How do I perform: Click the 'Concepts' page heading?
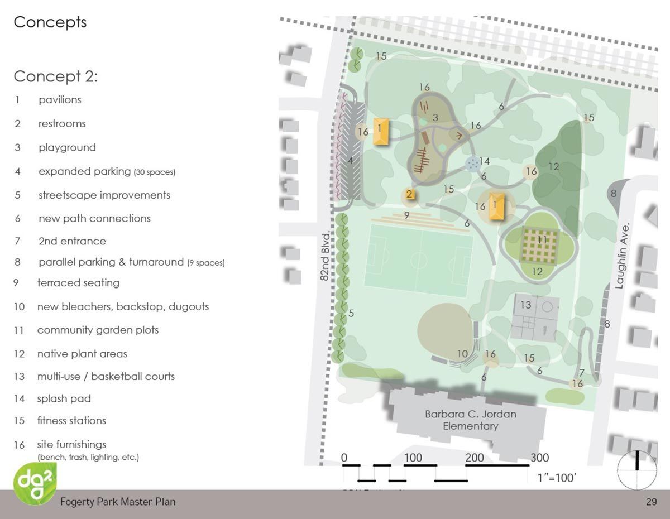[x=50, y=22]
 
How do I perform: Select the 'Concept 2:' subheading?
[x=55, y=76]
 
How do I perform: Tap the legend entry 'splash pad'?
[x=64, y=398]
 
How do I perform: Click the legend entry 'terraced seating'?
[x=78, y=283]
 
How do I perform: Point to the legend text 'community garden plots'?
[x=98, y=330]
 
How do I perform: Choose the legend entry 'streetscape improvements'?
[x=104, y=195]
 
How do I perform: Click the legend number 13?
[x=20, y=377]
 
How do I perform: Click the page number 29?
[x=651, y=502]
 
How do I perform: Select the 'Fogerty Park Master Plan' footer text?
[x=118, y=502]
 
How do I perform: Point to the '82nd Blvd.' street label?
[x=327, y=257]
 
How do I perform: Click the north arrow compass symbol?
[x=638, y=470]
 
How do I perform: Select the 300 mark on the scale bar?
[x=539, y=458]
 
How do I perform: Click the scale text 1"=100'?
[x=556, y=478]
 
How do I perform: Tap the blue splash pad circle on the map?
[x=473, y=163]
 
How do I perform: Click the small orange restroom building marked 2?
[x=409, y=195]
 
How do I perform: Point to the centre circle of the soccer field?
[x=419, y=260]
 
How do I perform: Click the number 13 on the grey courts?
[x=526, y=305]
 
